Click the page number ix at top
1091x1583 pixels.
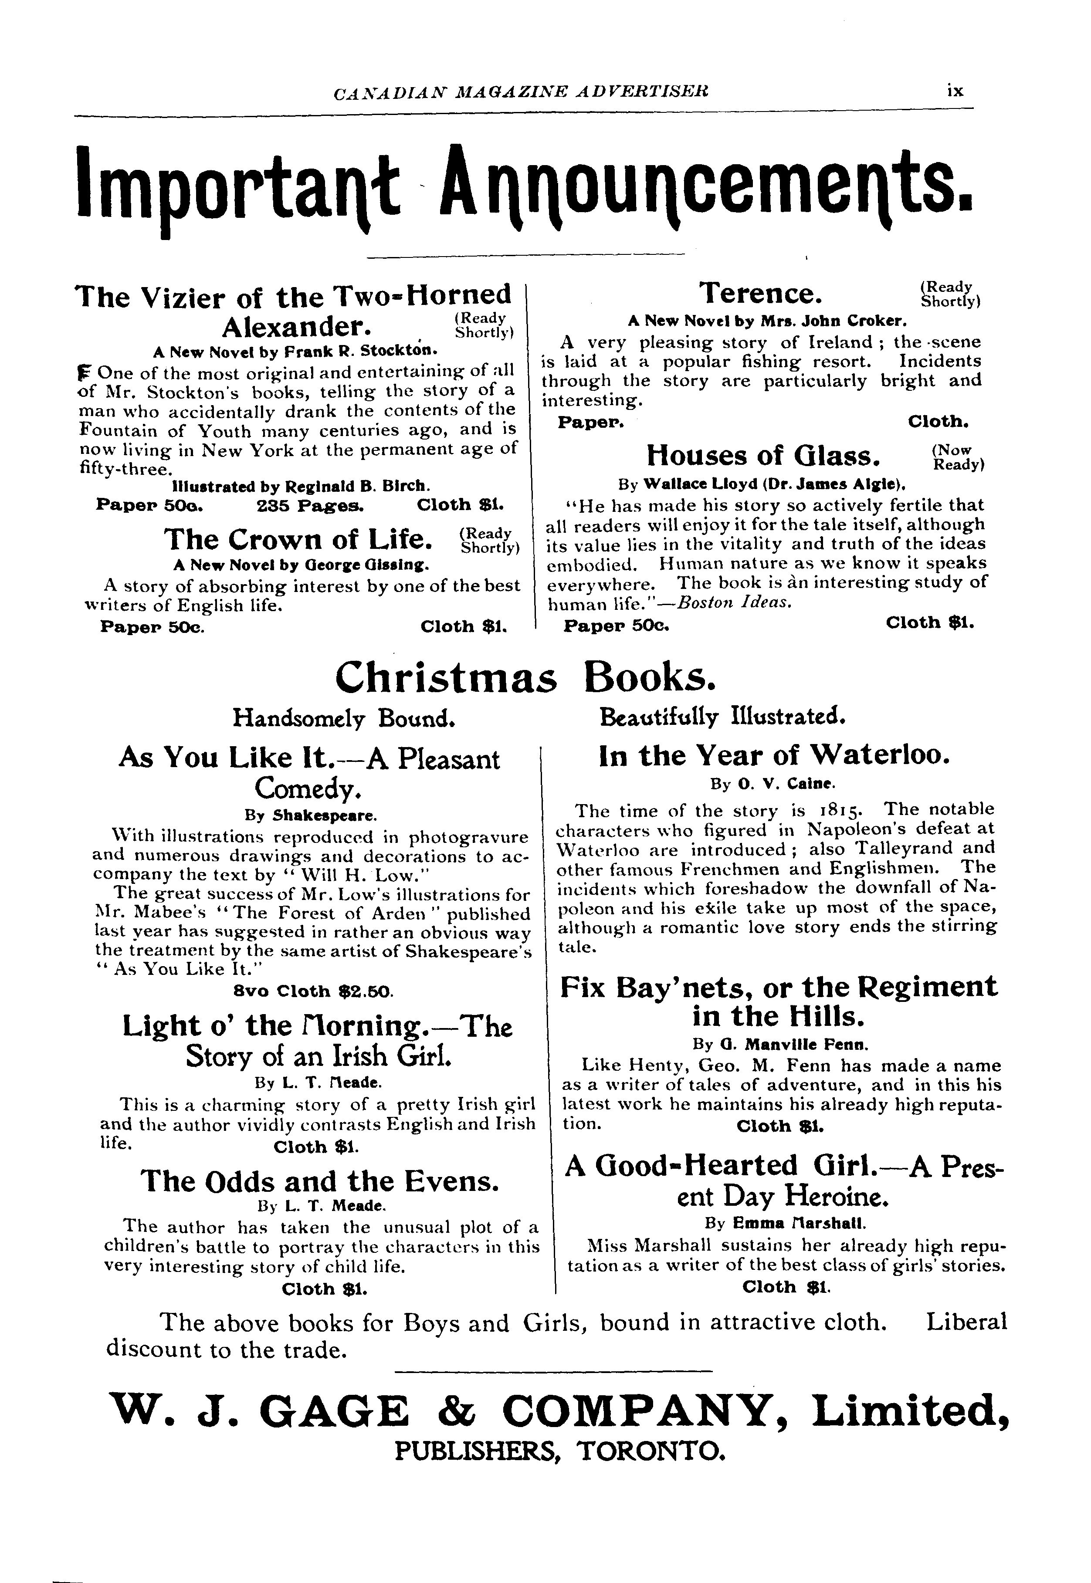[x=955, y=91]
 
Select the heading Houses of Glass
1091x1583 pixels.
[x=763, y=456]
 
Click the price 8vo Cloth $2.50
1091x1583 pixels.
[x=313, y=991]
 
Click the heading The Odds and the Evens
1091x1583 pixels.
[x=319, y=1181]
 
